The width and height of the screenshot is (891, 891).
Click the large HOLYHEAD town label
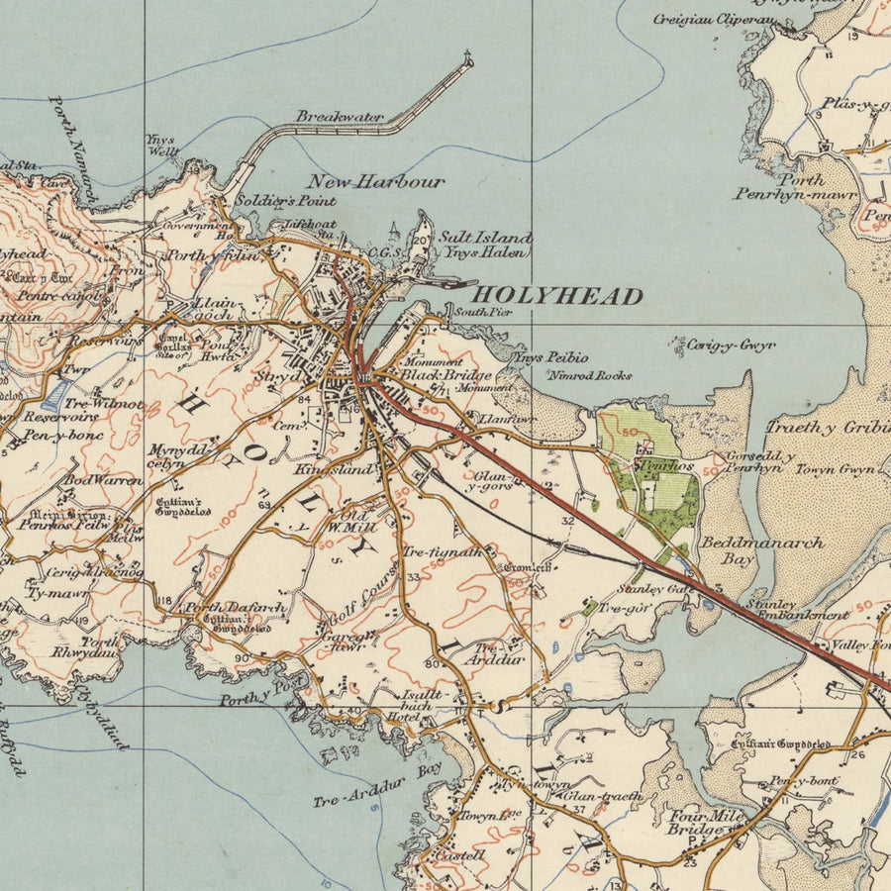click(556, 295)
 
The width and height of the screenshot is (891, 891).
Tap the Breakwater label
click(340, 117)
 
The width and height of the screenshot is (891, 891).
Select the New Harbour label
click(375, 182)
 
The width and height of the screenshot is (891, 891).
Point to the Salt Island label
click(485, 239)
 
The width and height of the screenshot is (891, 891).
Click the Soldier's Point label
click(276, 201)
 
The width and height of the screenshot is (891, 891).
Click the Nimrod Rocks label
click(589, 375)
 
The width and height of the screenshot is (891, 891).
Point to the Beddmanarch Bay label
click(747, 550)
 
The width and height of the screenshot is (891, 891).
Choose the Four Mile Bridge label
click(705, 823)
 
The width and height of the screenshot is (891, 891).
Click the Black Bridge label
click(433, 375)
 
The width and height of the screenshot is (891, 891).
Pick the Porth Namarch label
click(73, 149)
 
